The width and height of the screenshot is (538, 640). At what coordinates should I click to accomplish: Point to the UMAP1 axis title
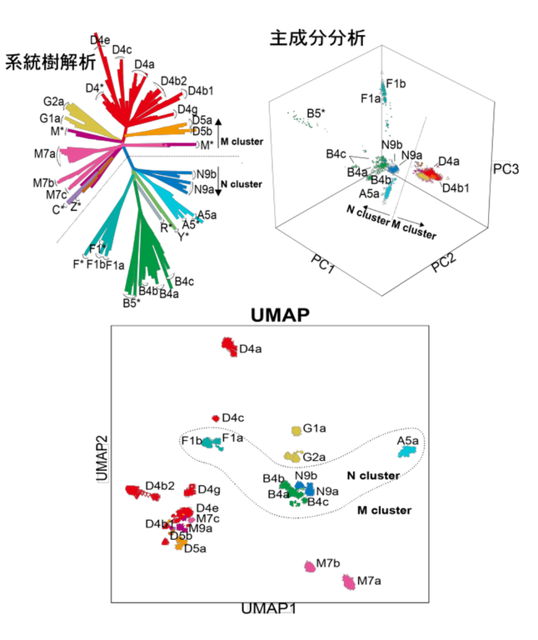tap(268, 609)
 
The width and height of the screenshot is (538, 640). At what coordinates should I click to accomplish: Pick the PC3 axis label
tap(506, 169)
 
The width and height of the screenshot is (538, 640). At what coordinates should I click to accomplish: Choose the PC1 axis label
tap(321, 267)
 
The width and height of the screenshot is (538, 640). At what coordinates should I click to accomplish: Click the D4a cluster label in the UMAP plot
tap(251, 350)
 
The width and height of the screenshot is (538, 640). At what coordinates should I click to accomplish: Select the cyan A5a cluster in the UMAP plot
tap(407, 451)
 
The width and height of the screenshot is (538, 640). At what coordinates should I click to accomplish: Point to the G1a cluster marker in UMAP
tap(296, 430)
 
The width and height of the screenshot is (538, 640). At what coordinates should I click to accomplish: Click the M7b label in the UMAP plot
tap(328, 562)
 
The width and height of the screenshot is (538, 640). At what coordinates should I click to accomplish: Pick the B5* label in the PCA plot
tap(314, 112)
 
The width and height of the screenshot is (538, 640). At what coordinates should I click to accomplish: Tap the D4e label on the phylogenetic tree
tap(100, 39)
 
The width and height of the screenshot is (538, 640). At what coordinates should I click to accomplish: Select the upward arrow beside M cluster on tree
tap(219, 122)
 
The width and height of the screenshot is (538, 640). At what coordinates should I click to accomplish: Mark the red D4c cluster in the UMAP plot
tap(216, 417)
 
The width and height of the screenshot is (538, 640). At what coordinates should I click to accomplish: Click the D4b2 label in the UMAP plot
tap(160, 485)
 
